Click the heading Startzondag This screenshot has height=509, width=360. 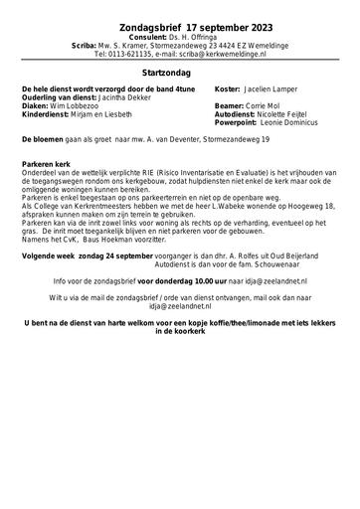pos(179,73)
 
